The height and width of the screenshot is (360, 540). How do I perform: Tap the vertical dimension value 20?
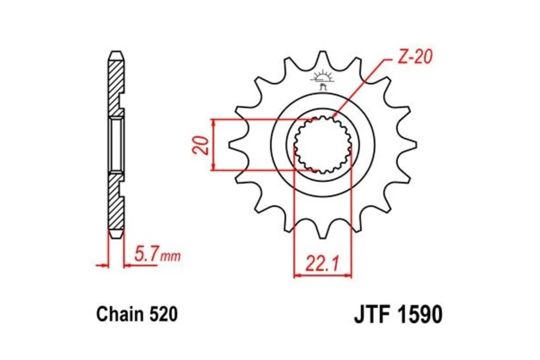202,145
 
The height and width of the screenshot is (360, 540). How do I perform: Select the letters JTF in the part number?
372,315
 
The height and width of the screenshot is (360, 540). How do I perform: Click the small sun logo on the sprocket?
322,76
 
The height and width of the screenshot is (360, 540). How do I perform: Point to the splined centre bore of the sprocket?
322,145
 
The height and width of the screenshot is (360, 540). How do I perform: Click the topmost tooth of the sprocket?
322,56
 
